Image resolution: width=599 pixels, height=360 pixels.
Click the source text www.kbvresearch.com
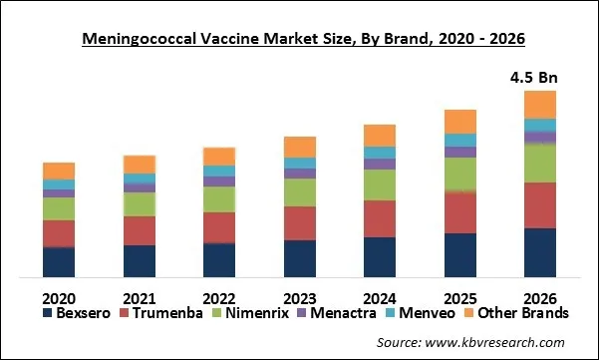point(484,342)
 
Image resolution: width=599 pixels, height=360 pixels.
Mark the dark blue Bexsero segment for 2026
point(539,251)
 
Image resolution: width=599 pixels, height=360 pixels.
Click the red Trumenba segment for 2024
point(379,218)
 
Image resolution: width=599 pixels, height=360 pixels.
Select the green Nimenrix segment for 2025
point(459,174)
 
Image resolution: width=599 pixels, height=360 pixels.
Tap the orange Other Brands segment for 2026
point(539,105)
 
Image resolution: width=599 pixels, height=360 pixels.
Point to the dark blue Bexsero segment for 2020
point(59,260)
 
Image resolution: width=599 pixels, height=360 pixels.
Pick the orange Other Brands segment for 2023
point(299,147)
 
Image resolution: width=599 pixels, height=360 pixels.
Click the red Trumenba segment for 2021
point(139,230)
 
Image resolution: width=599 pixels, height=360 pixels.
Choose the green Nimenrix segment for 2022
point(219,199)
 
